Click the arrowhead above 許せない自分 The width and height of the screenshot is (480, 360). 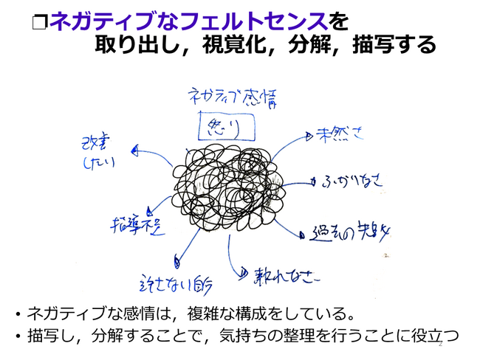(177, 259)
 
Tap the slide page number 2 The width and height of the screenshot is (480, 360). (441, 344)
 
